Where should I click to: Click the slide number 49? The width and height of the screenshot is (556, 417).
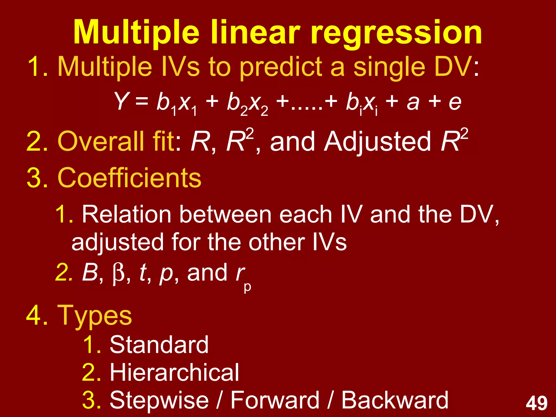536,403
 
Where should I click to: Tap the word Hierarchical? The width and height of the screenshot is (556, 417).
174,372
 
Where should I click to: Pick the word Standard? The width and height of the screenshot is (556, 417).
159,345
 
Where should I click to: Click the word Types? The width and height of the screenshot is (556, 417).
94,315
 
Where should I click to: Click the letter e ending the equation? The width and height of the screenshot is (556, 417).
455,102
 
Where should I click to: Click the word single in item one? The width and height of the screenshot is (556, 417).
389,67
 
